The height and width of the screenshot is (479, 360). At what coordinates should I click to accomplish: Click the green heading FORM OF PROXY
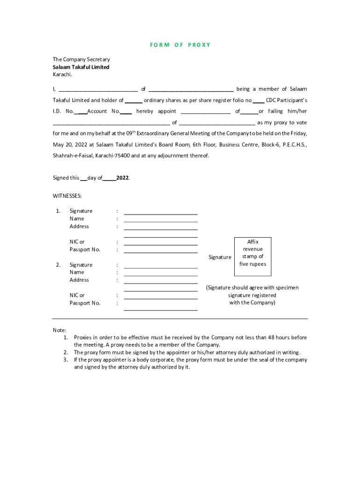click(x=180, y=45)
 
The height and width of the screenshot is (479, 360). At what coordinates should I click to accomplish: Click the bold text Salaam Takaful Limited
click(x=81, y=67)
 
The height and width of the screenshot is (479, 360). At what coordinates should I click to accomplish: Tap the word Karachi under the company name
click(x=62, y=74)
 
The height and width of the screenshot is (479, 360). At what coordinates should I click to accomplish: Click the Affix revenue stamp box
click(x=252, y=253)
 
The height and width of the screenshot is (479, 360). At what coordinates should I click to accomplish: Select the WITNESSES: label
click(x=67, y=196)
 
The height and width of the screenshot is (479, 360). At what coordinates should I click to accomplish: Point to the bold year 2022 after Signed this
click(x=122, y=178)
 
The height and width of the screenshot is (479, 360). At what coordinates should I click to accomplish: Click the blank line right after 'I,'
click(x=98, y=90)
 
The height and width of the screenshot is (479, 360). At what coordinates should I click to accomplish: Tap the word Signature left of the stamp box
click(x=220, y=257)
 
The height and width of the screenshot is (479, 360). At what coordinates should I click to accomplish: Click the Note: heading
click(x=59, y=330)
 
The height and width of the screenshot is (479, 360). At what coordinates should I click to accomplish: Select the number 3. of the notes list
click(x=66, y=360)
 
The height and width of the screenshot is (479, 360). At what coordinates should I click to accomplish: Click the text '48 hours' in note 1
click(x=286, y=337)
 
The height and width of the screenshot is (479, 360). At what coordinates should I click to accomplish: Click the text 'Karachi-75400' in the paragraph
click(x=112, y=156)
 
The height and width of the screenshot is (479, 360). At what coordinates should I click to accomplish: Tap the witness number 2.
click(x=58, y=265)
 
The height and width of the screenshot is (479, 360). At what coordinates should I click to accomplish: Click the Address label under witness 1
click(x=79, y=226)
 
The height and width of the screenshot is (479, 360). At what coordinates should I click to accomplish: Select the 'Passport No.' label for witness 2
click(x=85, y=303)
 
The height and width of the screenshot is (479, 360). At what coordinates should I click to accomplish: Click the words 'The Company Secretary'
click(x=81, y=59)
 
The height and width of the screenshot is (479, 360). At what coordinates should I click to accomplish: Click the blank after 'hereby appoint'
click(x=205, y=113)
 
